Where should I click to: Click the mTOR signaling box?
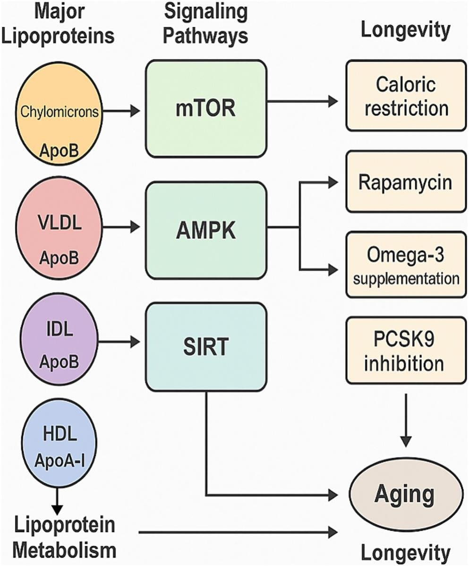[x=206, y=109]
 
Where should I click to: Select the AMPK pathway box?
[x=206, y=230]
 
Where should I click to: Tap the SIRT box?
[x=206, y=347]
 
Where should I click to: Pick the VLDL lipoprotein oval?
[x=59, y=231]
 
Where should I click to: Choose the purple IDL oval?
[x=59, y=347]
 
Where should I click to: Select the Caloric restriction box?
[x=406, y=95]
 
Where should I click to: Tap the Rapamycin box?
[x=406, y=181]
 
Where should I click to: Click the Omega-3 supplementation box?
[x=406, y=264]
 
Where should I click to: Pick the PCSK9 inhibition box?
[x=406, y=350]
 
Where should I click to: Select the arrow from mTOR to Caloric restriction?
[x=302, y=101]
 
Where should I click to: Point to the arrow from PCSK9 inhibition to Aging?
[x=406, y=416]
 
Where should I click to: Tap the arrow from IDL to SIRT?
[x=120, y=341]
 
